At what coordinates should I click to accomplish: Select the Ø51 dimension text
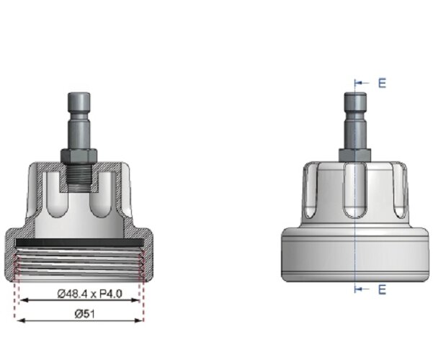click(x=79, y=314)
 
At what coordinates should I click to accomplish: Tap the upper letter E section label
click(x=382, y=83)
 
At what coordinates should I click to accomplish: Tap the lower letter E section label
click(x=382, y=289)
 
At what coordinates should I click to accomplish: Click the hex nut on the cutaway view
click(x=79, y=156)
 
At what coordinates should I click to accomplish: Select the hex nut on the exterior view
click(x=355, y=155)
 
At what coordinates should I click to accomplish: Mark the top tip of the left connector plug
click(x=79, y=94)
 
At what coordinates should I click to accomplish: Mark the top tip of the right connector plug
click(x=355, y=94)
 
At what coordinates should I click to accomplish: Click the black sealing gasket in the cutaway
click(x=79, y=242)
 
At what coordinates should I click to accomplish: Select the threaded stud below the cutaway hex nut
click(x=79, y=175)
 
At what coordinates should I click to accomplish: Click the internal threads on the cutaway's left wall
click(x=21, y=263)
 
